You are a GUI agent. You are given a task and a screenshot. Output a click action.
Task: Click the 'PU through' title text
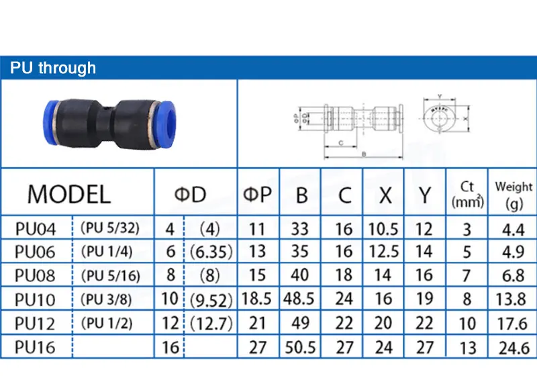pyautogui.click(x=52, y=68)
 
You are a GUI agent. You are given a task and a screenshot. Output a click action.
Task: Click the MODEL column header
pyautogui.click(x=68, y=194)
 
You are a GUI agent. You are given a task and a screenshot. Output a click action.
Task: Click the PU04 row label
pyautogui.click(x=36, y=229)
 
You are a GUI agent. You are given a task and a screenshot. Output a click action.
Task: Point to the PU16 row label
pyautogui.click(x=36, y=347)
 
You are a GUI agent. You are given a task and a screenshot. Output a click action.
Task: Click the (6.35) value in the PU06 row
pyautogui.click(x=210, y=252)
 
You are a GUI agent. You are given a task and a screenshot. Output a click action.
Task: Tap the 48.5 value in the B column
pyautogui.click(x=301, y=299)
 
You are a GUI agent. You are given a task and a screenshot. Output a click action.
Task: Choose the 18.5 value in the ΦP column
pyautogui.click(x=258, y=299)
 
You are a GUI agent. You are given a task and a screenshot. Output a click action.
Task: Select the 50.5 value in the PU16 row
pyautogui.click(x=301, y=348)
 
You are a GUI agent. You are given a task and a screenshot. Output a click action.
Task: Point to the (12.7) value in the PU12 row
pyautogui.click(x=210, y=323)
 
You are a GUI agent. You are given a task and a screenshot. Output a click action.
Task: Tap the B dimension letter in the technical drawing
pyautogui.click(x=363, y=154)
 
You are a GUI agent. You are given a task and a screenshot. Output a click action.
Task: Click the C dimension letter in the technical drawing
pyautogui.click(x=342, y=142)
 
